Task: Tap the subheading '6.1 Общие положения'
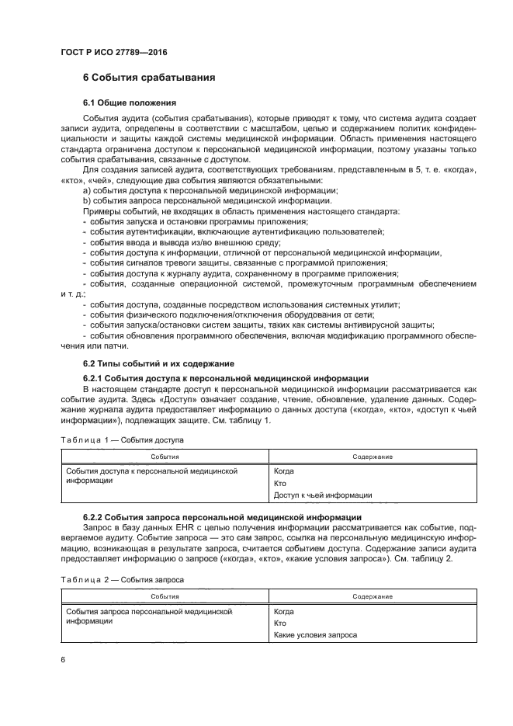point(130,102)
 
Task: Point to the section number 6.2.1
point(93,377)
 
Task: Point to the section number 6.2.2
point(93,516)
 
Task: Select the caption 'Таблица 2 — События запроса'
point(122,578)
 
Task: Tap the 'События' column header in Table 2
point(165,596)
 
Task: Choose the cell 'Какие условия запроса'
point(316,634)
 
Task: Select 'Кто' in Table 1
point(280,483)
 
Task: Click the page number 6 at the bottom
point(64,660)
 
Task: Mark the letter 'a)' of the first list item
point(86,190)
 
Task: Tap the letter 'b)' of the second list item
point(86,200)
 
